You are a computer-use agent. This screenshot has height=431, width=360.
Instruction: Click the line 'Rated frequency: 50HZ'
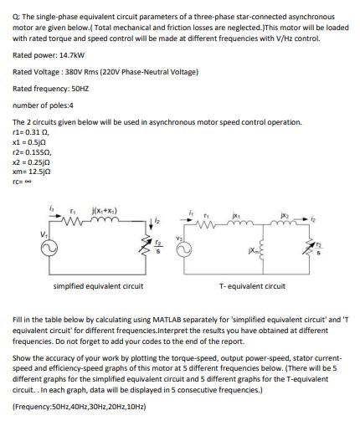pyautogui.click(x=51, y=88)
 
